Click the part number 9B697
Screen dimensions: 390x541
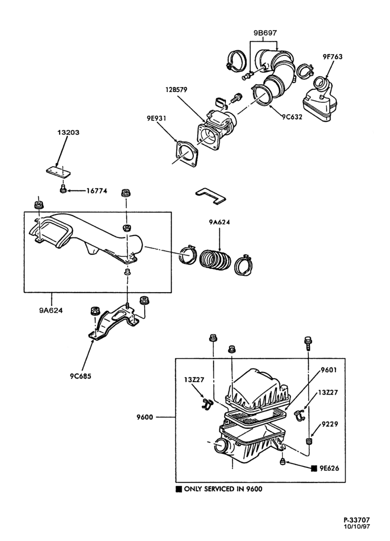click(265, 33)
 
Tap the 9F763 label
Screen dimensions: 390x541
click(333, 57)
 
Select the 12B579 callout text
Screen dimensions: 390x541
click(176, 90)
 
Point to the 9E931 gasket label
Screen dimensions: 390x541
click(156, 118)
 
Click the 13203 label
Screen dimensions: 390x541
click(68, 132)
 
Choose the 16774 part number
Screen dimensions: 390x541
click(96, 190)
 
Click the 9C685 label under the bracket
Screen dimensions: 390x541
click(81, 376)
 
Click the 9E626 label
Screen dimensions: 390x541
click(329, 468)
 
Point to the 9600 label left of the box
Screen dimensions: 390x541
click(145, 417)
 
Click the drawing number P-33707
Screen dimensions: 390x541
click(356, 519)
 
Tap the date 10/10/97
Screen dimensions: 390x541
click(357, 526)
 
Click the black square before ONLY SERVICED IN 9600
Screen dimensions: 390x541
click(179, 489)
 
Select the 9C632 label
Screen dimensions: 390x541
click(292, 117)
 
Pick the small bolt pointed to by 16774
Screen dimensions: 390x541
click(63, 189)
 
